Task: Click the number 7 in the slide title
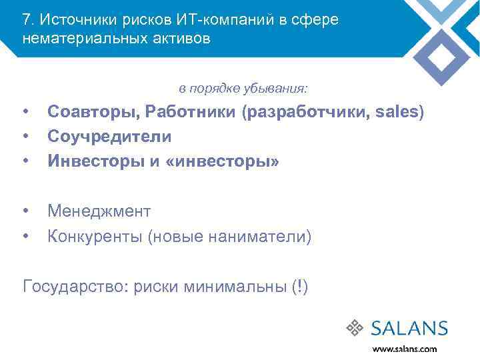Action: click(27, 19)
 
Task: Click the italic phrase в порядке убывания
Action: click(243, 89)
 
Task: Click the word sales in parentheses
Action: click(397, 112)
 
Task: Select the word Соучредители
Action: click(109, 137)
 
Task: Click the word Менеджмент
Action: click(99, 211)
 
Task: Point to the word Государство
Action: click(74, 287)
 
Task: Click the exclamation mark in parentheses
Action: click(299, 287)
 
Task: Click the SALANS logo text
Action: click(409, 328)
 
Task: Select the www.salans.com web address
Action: click(404, 349)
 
